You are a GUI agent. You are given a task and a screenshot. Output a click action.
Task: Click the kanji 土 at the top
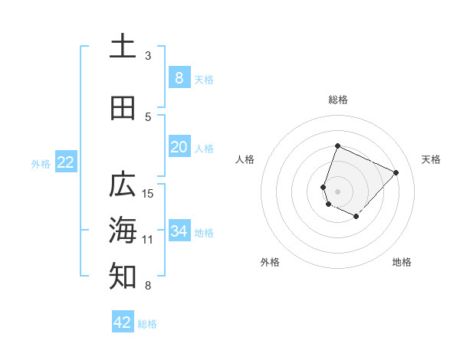(123, 46)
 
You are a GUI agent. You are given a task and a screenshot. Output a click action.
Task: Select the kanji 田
(123, 109)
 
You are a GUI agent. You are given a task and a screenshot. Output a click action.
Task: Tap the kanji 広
(123, 185)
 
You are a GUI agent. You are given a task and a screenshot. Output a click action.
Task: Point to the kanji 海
(123, 229)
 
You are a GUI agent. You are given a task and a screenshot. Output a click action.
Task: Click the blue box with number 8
(179, 77)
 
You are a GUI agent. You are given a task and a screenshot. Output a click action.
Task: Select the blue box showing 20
(179, 147)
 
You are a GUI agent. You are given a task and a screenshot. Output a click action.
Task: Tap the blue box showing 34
(179, 231)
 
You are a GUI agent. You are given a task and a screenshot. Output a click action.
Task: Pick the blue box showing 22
(65, 162)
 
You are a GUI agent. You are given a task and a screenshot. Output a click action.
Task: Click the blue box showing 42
(123, 322)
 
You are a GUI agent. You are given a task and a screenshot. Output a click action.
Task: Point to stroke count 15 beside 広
(149, 193)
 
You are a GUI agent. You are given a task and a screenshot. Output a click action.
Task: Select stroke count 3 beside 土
(148, 56)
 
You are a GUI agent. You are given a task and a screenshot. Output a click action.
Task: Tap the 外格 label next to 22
(41, 163)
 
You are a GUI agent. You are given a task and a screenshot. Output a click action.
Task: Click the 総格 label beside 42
(147, 324)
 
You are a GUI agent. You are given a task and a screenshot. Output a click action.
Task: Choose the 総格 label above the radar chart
(337, 100)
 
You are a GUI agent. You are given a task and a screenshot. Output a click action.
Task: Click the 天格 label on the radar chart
(431, 159)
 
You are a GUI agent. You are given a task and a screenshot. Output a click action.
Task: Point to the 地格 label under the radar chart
(402, 262)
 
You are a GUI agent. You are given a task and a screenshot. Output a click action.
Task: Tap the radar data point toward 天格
(396, 172)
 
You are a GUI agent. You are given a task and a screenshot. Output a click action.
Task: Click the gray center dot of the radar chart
(337, 191)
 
